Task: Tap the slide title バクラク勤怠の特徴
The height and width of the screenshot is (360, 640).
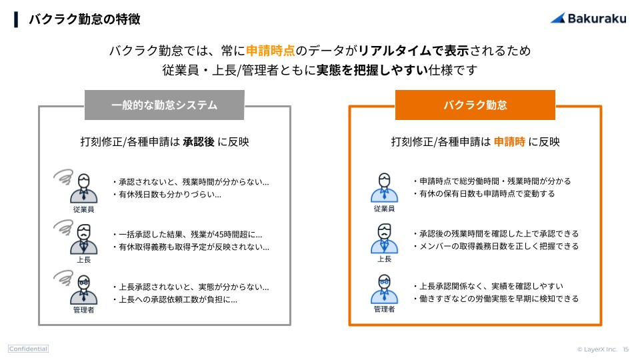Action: point(84,19)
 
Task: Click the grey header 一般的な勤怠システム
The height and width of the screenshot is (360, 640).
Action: point(164,105)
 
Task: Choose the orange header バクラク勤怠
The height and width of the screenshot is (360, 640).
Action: point(475,105)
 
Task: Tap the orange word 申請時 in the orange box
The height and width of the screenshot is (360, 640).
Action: point(509,142)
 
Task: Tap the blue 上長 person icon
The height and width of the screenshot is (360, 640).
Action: point(384,239)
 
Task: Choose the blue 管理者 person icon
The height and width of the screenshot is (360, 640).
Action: point(384,289)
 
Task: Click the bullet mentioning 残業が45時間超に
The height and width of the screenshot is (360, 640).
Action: point(189,234)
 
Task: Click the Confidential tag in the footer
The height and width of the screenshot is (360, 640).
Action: point(28,349)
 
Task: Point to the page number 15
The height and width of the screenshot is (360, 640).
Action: point(625,349)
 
